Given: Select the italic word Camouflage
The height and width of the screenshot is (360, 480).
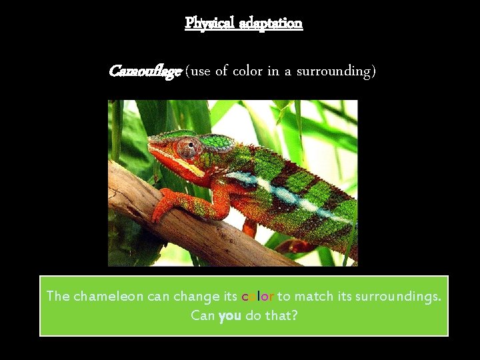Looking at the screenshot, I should click(145, 70).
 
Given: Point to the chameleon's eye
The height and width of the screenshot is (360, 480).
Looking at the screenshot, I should click(187, 147).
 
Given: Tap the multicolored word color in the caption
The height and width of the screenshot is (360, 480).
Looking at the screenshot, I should click(257, 296).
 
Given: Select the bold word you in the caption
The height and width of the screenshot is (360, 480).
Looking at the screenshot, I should click(229, 315).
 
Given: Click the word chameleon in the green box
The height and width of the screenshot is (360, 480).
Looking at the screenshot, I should click(108, 296).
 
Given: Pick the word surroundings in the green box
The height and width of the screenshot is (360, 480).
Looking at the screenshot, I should click(399, 296).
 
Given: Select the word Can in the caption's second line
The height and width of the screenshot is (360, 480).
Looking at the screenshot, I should click(203, 315).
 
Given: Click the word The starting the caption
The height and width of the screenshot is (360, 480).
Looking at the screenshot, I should click(58, 296).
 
